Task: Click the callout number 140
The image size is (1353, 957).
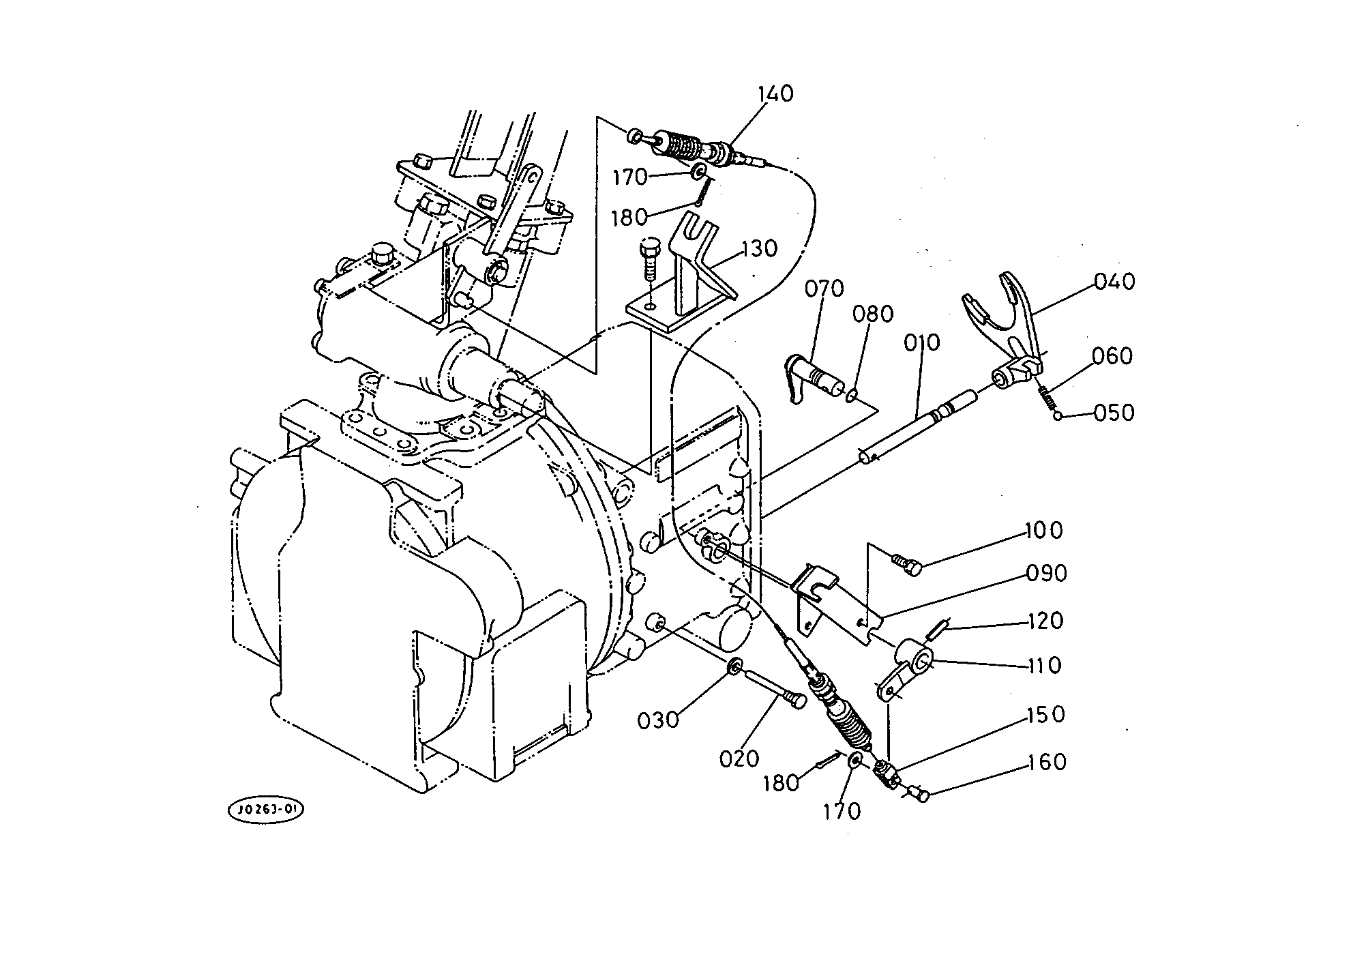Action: [x=775, y=93]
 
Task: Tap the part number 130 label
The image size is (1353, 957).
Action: [x=758, y=249]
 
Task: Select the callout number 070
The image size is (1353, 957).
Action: [x=824, y=289]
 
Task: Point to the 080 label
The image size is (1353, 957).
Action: [x=873, y=314]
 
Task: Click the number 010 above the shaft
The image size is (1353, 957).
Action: [x=921, y=342]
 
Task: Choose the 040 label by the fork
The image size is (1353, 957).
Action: [x=1114, y=281]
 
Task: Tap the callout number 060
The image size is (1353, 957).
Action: [x=1112, y=356]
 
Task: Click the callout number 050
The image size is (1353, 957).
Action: [x=1114, y=413]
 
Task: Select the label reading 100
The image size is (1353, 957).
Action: [x=1043, y=530]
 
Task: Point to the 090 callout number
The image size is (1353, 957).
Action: [x=1046, y=574]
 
